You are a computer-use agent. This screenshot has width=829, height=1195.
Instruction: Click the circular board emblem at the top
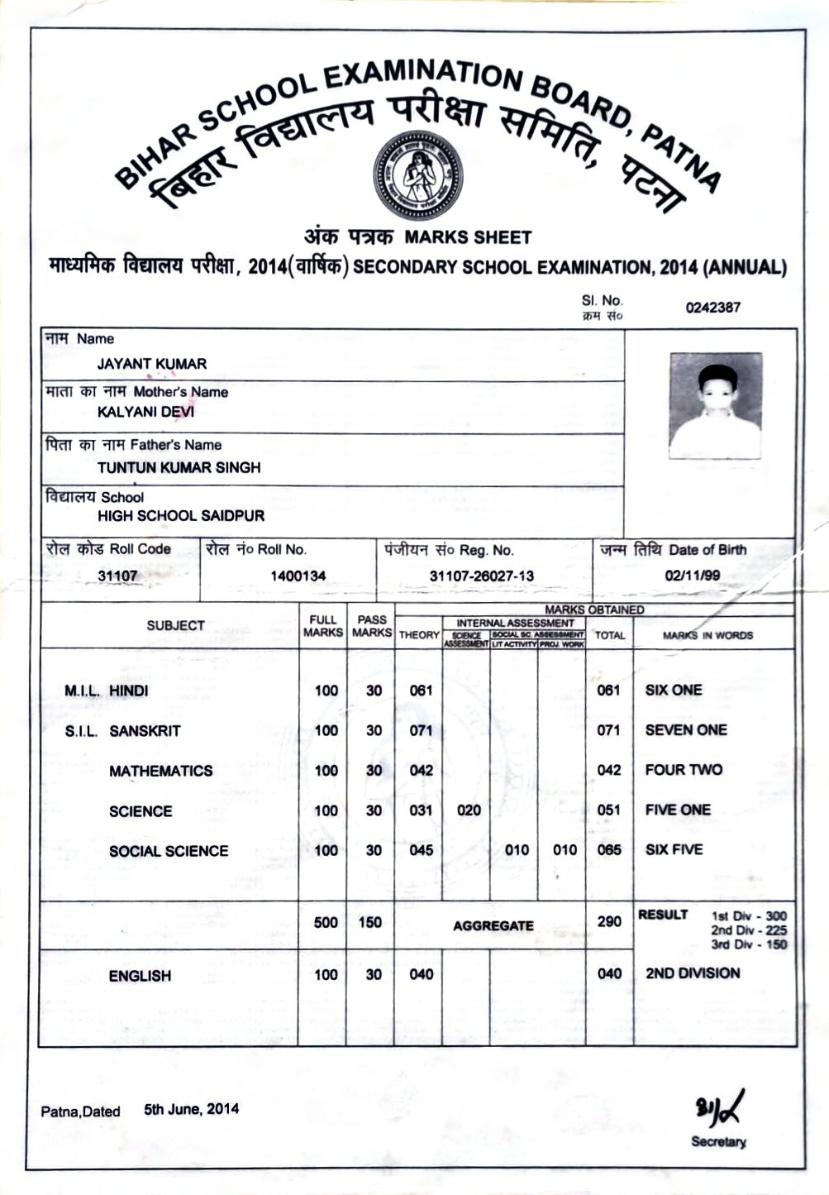417,174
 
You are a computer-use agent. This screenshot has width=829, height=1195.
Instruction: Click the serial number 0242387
712,308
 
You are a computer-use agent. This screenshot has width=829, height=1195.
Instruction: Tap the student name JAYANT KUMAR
152,364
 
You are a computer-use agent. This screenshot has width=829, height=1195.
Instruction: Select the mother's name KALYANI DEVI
146,412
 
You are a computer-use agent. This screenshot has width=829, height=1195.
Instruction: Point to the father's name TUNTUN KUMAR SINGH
179,467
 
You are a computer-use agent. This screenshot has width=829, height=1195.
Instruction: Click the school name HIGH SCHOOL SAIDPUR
181,516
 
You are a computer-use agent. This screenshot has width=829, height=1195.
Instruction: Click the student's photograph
715,406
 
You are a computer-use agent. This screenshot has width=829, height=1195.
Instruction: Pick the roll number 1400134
298,576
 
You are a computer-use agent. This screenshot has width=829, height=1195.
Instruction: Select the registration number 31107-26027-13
482,576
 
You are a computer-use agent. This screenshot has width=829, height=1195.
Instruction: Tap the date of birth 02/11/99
692,576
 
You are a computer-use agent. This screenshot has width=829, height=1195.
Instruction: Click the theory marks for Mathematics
421,771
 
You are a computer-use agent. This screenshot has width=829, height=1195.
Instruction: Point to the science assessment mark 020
469,810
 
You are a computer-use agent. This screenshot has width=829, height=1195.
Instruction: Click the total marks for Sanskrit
608,730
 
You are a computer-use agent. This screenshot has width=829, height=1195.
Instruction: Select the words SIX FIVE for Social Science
674,849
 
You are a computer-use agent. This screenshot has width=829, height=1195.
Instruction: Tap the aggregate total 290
609,921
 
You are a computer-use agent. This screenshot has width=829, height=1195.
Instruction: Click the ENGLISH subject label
140,976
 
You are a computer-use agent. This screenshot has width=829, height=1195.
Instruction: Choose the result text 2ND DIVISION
693,973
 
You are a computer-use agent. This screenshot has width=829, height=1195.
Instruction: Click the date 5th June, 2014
191,1109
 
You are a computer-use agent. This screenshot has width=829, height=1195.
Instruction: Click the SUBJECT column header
175,626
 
